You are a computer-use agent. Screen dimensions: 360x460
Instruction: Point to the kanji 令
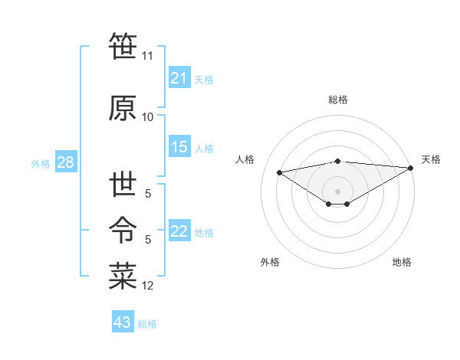123,228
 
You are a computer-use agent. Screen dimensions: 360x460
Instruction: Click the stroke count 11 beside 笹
147,56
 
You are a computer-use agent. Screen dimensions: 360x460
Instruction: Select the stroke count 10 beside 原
147,116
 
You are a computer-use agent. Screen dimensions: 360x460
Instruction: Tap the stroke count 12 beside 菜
147,286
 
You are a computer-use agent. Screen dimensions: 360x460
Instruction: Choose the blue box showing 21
179,78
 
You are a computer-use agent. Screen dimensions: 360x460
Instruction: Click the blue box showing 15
179,147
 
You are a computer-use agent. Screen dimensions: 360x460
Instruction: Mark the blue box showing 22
179,231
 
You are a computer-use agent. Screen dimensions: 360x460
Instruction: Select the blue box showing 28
65,162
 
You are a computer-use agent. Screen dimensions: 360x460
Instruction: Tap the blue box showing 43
123,322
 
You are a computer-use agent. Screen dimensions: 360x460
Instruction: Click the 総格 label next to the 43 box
147,324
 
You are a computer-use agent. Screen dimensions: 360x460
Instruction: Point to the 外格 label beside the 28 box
41,163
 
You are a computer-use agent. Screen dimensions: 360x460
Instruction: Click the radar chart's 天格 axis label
431,159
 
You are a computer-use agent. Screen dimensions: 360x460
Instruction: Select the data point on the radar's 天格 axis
411,167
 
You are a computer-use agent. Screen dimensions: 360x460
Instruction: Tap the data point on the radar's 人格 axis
279,172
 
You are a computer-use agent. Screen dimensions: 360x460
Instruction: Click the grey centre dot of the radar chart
337,190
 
